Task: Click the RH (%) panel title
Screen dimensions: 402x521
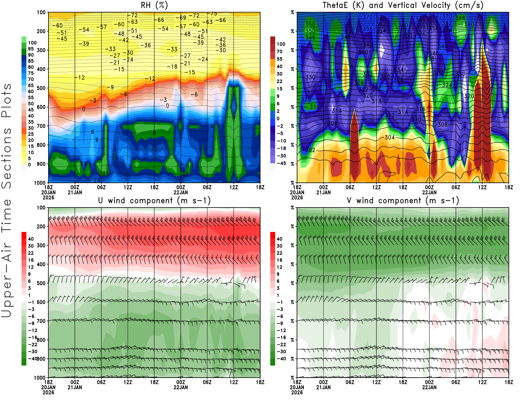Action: click(x=154, y=5)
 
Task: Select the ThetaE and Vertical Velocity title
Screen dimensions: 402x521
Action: click(x=403, y=5)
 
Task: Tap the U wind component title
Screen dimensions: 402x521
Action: click(x=154, y=200)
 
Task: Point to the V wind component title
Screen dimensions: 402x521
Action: click(x=403, y=200)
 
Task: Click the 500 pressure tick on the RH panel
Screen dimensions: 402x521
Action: click(x=41, y=88)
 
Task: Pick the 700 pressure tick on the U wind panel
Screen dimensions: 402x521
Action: click(x=41, y=321)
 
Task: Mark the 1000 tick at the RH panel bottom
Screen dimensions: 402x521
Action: click(x=40, y=183)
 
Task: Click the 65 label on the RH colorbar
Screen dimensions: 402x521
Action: click(x=31, y=86)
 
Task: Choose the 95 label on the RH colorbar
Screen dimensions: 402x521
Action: click(x=31, y=49)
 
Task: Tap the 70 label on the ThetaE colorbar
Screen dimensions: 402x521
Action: click(x=279, y=51)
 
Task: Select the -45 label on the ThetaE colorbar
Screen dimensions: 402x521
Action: click(x=281, y=163)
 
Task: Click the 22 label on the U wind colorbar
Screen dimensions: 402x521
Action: click(x=31, y=253)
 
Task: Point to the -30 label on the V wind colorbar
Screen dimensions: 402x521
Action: click(x=281, y=352)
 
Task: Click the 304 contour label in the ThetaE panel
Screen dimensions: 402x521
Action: click(x=389, y=138)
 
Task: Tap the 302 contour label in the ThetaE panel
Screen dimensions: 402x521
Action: click(x=310, y=150)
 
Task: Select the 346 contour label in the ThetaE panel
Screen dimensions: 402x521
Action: click(x=310, y=37)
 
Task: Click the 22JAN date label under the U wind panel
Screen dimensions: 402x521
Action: click(x=181, y=387)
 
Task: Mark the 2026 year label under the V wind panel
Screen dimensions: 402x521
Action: click(x=297, y=393)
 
